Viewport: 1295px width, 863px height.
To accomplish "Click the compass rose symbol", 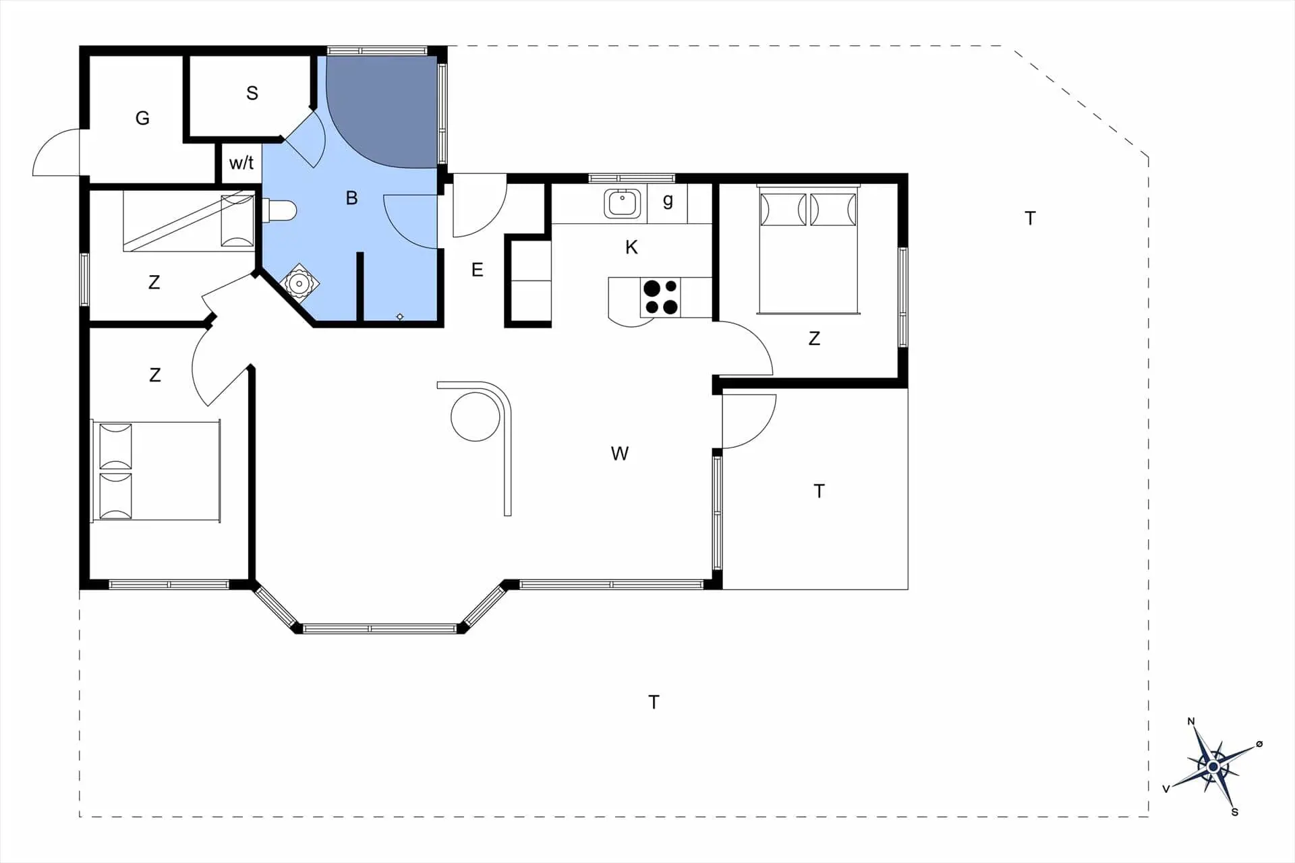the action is click(x=1213, y=767).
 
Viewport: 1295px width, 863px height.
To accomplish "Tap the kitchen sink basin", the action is click(x=622, y=203).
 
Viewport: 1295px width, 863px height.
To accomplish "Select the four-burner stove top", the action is click(x=660, y=297).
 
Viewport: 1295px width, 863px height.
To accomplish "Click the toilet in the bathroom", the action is click(x=279, y=210).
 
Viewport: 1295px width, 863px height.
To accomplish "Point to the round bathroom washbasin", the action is click(x=299, y=284).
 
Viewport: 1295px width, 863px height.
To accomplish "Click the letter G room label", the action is click(x=142, y=118).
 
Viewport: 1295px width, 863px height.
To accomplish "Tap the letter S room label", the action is click(x=252, y=93).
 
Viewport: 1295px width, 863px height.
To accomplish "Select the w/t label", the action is click(x=241, y=162).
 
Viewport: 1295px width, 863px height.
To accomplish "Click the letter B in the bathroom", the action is click(x=351, y=198).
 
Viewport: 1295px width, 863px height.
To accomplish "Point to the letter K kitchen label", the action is click(x=631, y=247).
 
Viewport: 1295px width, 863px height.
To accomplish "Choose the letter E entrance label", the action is click(x=478, y=270).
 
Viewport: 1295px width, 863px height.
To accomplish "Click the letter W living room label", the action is click(x=620, y=454).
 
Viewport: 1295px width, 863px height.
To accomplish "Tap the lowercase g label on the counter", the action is click(x=668, y=201).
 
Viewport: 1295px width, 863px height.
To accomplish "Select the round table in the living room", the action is click(x=476, y=417).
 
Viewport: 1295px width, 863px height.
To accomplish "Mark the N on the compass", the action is click(x=1191, y=722).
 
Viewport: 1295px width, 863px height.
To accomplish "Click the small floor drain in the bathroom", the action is click(x=400, y=316).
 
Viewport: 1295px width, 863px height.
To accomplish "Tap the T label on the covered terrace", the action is click(x=819, y=491).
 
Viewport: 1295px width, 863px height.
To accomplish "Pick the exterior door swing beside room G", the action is click(x=57, y=152).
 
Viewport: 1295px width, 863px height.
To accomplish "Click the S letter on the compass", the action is click(x=1235, y=812).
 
